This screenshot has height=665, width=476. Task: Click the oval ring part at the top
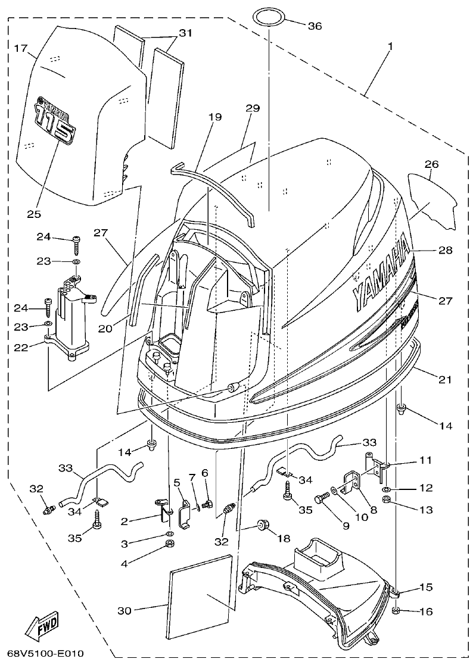[x=269, y=17]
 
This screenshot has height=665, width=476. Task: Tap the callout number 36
[x=315, y=26]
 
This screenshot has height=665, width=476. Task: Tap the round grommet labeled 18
[x=261, y=524]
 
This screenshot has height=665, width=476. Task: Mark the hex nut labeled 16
[x=396, y=611]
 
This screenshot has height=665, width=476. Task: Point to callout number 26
[x=431, y=164]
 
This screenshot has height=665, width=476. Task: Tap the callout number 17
[x=21, y=49]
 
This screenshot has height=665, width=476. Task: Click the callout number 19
[x=214, y=117]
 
